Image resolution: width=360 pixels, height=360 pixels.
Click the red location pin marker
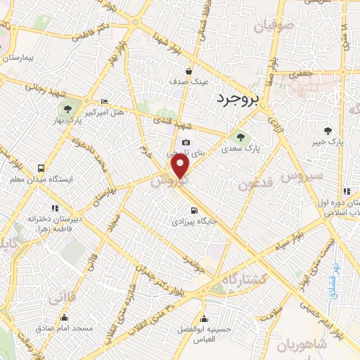click(x=180, y=167)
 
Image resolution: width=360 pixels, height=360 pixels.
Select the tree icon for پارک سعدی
click(x=241, y=136)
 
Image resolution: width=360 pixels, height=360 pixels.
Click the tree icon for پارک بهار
click(x=67, y=109)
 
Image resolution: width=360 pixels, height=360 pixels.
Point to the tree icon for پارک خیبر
click(x=328, y=130)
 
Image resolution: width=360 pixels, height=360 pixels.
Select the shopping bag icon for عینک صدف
click(x=189, y=71)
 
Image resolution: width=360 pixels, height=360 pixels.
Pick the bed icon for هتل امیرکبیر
click(x=104, y=101)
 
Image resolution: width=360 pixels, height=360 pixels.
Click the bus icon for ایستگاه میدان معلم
click(x=41, y=169)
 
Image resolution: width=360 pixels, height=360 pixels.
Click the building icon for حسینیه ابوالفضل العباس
click(x=203, y=318)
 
